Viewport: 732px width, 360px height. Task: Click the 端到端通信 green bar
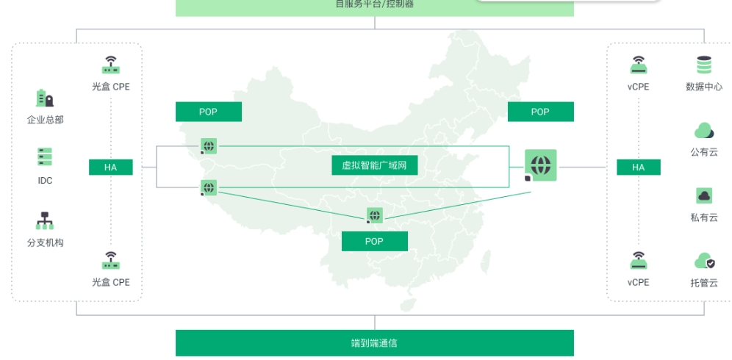click(374, 342)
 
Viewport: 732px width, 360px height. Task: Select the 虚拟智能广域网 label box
click(374, 166)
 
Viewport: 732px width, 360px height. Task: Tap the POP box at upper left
click(208, 112)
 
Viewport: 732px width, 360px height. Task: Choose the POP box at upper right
click(540, 112)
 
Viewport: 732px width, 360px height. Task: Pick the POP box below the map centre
click(374, 241)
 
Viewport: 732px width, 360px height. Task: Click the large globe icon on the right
click(540, 165)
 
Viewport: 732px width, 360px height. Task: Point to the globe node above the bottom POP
click(375, 215)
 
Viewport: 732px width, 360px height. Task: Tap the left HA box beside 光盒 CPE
click(110, 168)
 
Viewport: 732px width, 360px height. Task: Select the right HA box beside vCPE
click(638, 168)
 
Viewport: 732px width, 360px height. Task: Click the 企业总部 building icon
click(45, 98)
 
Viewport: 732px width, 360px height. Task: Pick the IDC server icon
click(45, 157)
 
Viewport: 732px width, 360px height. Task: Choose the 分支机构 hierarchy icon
click(45, 220)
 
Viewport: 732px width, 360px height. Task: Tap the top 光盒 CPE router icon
click(110, 65)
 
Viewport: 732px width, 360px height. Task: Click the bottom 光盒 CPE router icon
click(110, 260)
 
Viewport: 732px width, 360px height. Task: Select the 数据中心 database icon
click(704, 65)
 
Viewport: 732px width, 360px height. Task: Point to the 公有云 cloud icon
click(704, 132)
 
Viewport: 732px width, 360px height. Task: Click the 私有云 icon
click(704, 195)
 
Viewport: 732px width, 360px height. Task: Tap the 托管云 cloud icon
click(704, 261)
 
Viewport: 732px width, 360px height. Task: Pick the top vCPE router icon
click(638, 65)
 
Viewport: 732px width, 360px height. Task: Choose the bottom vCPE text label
click(638, 282)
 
